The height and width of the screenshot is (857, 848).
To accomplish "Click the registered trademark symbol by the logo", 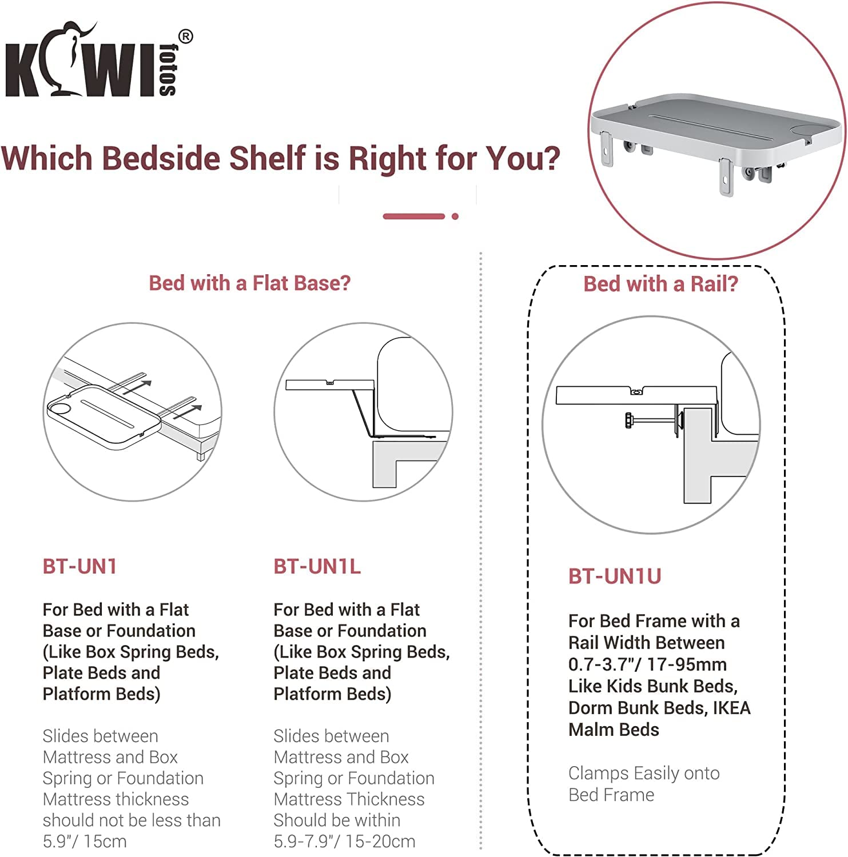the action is pos(186,37).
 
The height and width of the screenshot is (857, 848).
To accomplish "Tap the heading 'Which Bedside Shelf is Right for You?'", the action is pos(280,158).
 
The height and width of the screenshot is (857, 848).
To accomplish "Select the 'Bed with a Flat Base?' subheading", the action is pos(250,283).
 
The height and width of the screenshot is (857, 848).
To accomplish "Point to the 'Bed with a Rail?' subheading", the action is pos(660,283).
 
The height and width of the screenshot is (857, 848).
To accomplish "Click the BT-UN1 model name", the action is pos(80,566).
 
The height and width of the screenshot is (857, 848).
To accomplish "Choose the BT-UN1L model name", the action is pos(317,566).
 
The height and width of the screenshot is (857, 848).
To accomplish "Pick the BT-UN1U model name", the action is pos(615,576).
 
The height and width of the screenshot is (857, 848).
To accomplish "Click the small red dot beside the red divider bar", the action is pos(455,217).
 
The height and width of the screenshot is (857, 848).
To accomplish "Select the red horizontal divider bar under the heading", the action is pos(414,217).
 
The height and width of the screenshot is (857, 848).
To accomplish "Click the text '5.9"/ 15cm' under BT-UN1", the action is pos(85,841).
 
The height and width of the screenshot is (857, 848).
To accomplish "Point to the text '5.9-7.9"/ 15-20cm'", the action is pos(344,841).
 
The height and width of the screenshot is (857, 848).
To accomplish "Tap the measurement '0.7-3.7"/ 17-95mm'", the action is pos(647,664).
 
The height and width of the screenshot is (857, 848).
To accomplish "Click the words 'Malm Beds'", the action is pos(614,730).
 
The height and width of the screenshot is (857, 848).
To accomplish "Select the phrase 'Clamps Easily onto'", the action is pos(644,773).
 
